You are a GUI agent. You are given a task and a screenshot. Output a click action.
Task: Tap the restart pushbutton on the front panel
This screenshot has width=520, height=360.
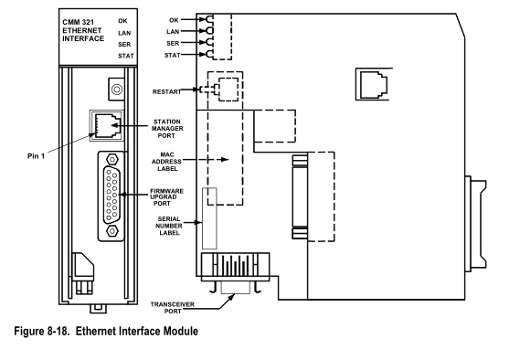[116, 90]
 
